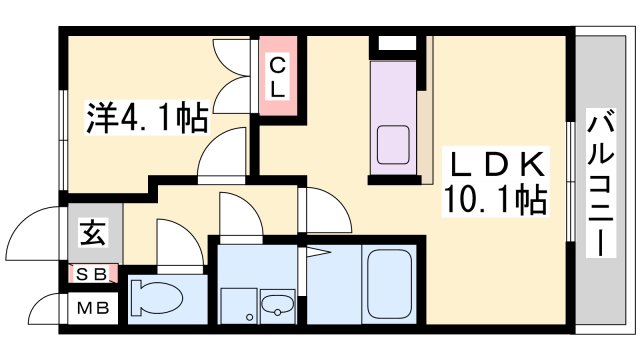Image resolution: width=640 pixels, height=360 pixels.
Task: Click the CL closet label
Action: click(x=278, y=77)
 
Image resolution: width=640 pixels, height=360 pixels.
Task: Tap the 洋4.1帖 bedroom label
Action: click(x=147, y=117)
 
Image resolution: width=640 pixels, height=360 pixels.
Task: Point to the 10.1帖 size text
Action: click(x=495, y=200)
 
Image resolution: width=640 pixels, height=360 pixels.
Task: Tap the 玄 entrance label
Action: click(x=94, y=233)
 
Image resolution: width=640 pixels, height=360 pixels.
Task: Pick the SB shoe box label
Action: click(x=91, y=274)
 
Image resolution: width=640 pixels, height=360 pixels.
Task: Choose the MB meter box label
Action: click(x=93, y=308)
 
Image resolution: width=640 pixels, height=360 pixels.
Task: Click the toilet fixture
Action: click(x=156, y=297)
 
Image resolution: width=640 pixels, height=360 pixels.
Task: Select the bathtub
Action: click(x=389, y=284)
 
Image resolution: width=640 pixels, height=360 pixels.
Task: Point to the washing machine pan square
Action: click(x=239, y=306)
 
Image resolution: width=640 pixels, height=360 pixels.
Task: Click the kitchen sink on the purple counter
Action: click(x=393, y=145)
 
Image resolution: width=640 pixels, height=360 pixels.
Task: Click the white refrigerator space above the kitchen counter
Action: click(x=397, y=43)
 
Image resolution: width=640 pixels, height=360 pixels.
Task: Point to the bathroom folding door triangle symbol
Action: click(x=317, y=252)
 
